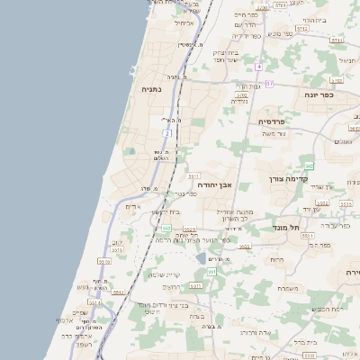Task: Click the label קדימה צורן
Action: [290, 179]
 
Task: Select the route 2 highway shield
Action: [166, 133]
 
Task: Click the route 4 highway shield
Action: [258, 67]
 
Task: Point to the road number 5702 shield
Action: [240, 94]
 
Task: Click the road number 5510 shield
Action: [104, 260]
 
